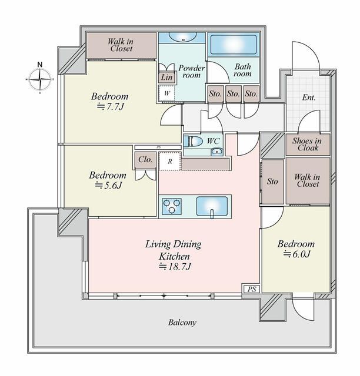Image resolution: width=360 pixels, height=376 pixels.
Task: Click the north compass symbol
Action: [x=40, y=79]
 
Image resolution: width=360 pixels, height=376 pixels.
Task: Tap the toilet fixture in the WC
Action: [x=193, y=142]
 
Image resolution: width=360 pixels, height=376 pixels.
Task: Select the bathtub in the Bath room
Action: [x=233, y=45]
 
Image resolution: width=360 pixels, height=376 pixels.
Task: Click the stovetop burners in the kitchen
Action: [x=172, y=206]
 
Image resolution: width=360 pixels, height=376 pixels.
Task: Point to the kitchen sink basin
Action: [x=212, y=206]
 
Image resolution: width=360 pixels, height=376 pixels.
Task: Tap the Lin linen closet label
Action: [x=166, y=78]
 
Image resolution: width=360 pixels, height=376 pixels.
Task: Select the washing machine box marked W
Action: [x=166, y=93]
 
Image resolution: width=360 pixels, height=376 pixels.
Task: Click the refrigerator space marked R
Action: [x=170, y=162]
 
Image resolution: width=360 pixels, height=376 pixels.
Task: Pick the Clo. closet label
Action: [x=145, y=159]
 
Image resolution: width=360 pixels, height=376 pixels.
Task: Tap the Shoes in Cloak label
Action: [x=308, y=145]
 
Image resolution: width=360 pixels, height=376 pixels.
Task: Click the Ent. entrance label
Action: [x=309, y=98]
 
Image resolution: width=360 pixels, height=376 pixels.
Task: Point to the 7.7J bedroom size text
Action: [x=110, y=107]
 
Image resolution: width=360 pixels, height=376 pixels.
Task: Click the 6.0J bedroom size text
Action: [x=297, y=254]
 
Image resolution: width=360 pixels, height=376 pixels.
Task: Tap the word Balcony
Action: [x=182, y=323]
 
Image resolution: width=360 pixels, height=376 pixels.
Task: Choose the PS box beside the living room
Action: [x=252, y=289]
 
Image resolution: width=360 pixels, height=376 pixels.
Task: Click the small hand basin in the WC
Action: [x=217, y=152]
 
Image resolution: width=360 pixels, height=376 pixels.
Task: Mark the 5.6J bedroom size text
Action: [x=109, y=186]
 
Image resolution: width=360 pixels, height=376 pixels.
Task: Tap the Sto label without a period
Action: [x=272, y=182]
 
